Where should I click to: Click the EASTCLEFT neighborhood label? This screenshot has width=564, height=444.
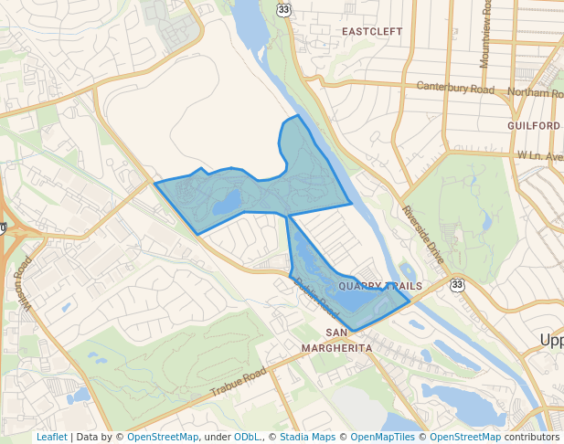pyautogui.click(x=372, y=31)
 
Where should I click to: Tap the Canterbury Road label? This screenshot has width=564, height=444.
pyautogui.click(x=455, y=89)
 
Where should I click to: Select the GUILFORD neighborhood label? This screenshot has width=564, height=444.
pyautogui.click(x=534, y=125)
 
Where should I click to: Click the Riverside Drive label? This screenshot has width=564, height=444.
pyautogui.click(x=423, y=235)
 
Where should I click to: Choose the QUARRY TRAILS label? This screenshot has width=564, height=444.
pyautogui.click(x=380, y=286)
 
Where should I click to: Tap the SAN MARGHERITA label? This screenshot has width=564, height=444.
pyautogui.click(x=337, y=340)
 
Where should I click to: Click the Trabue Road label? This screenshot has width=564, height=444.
pyautogui.click(x=238, y=382)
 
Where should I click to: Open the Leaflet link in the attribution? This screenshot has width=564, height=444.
pyautogui.click(x=51, y=437)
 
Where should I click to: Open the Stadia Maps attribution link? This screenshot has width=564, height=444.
pyautogui.click(x=310, y=437)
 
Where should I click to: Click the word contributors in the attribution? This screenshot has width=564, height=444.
pyautogui.click(x=532, y=437)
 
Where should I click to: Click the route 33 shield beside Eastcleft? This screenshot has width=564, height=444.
pyautogui.click(x=284, y=9)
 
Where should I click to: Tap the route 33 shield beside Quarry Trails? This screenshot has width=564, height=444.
pyautogui.click(x=455, y=286)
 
